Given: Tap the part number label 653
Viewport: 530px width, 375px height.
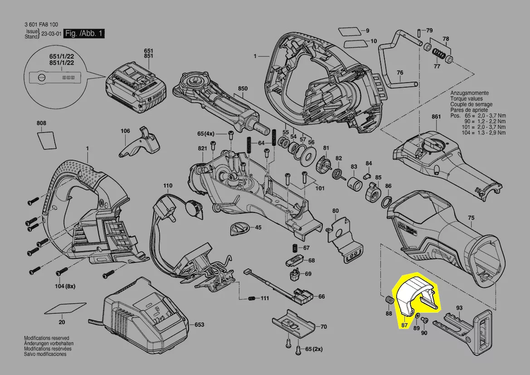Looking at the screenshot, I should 199,325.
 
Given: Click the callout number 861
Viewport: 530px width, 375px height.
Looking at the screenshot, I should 436,117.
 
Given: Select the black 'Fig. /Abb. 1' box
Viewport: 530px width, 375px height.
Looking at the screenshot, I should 84,34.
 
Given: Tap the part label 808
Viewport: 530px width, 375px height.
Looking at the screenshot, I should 41,123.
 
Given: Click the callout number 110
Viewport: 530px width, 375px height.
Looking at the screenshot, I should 168,186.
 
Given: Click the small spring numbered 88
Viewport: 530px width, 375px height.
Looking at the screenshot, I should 388,301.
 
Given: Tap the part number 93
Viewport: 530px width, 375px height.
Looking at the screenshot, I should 459,308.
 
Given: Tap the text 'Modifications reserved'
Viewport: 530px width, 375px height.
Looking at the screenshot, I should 46,338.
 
